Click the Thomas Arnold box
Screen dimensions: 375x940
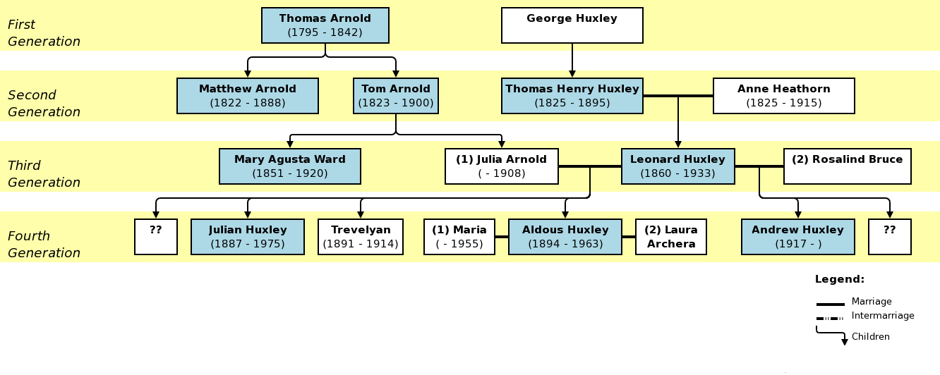(325, 25)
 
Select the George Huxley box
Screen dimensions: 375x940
(572, 25)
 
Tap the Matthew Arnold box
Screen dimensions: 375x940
(247, 96)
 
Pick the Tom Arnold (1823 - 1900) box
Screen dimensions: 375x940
(395, 96)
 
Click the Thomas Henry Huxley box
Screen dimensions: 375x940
(572, 96)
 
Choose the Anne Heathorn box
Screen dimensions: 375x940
(783, 96)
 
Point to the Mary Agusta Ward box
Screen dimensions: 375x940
(289, 166)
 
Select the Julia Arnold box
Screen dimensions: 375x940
(501, 166)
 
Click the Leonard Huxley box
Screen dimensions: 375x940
(677, 166)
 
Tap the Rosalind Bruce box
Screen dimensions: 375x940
(847, 166)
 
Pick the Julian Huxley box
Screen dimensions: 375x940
(247, 237)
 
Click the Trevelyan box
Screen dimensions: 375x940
(360, 237)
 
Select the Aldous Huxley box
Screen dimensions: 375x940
(565, 237)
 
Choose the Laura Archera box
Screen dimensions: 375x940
(670, 237)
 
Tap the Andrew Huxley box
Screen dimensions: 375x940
(797, 237)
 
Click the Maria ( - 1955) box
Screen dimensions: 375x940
(459, 237)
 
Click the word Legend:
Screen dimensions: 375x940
(839, 279)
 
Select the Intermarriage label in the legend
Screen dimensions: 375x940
(882, 316)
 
